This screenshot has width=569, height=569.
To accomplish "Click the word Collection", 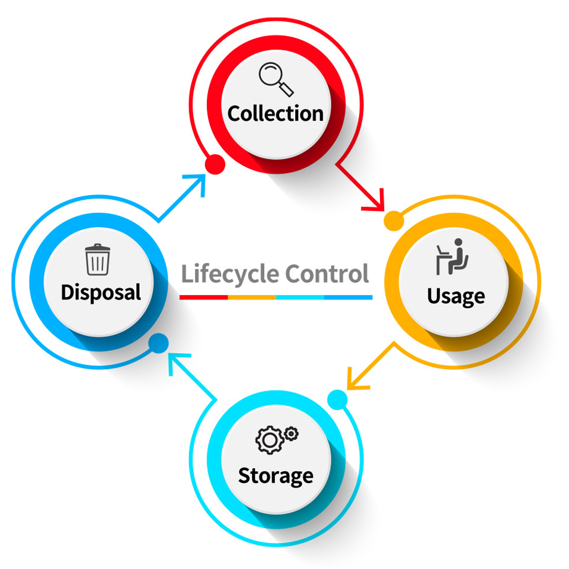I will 276,113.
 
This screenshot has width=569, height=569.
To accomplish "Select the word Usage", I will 456,295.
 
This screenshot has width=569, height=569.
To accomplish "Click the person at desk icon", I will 453,256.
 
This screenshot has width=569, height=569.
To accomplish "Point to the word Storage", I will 276,475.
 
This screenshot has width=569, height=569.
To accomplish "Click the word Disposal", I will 101,292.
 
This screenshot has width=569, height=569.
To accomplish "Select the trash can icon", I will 97,260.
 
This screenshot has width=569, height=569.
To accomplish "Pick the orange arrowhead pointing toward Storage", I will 356,379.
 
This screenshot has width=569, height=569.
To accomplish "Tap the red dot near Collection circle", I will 215,164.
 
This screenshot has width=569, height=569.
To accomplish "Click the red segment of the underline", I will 204,296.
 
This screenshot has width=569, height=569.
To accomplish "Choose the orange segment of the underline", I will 252,296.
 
